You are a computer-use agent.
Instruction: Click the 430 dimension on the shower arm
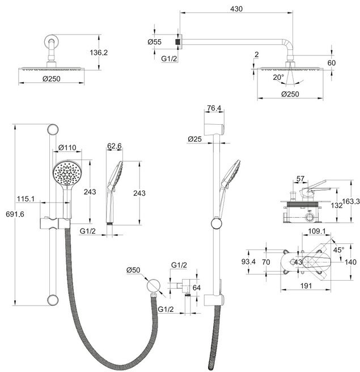point(236,9)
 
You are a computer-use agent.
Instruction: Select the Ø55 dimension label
point(154,42)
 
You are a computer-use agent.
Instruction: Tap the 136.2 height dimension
point(99,52)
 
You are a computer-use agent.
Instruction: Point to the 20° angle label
point(278,77)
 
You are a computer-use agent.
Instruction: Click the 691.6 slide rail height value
point(15,214)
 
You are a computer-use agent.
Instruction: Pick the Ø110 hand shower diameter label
point(67,147)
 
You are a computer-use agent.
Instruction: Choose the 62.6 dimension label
point(115,146)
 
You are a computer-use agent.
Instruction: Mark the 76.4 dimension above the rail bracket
point(214,108)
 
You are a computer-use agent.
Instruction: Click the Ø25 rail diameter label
point(194,139)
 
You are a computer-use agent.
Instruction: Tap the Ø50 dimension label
point(133,270)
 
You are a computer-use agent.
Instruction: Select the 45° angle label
point(338,250)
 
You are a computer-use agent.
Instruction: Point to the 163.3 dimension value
point(351,201)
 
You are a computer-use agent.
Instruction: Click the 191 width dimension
point(306,286)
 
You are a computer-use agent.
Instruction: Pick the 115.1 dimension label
point(26,199)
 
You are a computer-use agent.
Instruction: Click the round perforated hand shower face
point(67,173)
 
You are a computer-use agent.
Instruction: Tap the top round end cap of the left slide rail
point(53,129)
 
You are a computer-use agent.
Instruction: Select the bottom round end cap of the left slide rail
point(53,300)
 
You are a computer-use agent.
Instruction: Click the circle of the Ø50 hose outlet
point(153,285)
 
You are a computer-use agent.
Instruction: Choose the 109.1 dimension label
point(316,231)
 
